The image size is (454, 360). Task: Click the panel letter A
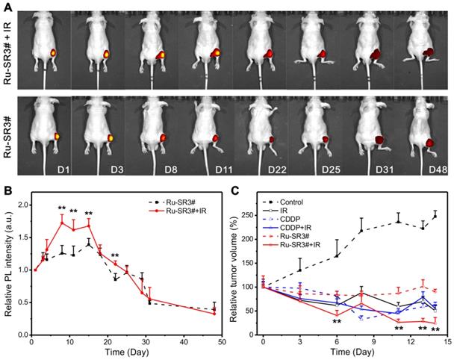point(7,6)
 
